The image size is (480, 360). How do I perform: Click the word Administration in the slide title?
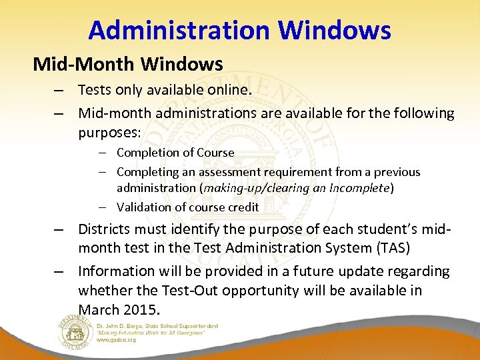(177, 30)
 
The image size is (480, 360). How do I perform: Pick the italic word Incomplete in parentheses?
(363, 188)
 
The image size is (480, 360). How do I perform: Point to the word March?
(99, 309)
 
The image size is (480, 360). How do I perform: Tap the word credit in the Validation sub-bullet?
(243, 207)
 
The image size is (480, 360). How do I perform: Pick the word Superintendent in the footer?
(195, 326)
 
